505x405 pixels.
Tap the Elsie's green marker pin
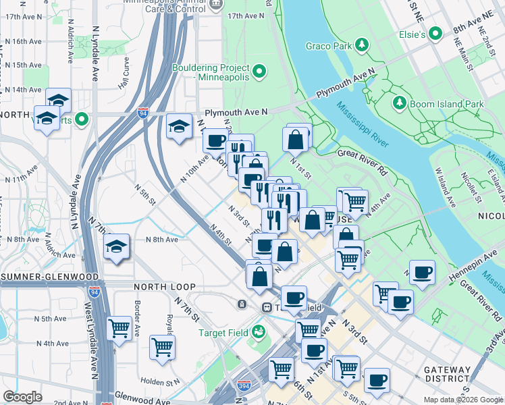click(436, 33)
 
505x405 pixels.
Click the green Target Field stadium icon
click(258, 332)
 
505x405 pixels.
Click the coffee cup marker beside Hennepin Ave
click(422, 273)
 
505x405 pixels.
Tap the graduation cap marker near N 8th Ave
click(117, 247)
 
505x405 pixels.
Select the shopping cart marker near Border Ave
click(119, 328)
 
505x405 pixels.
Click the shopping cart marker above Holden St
click(163, 346)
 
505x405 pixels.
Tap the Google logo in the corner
click(22, 397)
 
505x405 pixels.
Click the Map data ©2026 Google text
click(462, 400)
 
